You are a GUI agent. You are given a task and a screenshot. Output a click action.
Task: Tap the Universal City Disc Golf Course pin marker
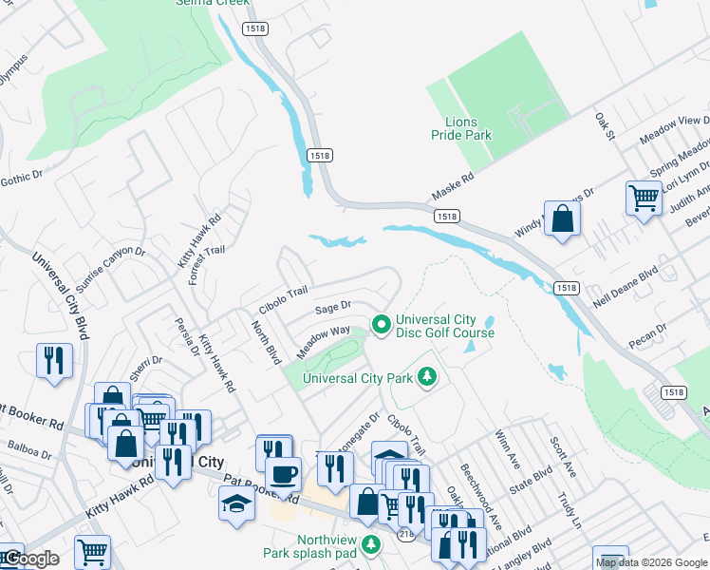pos(382,325)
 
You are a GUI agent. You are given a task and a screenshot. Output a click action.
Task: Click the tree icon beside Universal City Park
pos(428,378)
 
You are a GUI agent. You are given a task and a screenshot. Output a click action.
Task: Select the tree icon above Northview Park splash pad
pos(372,543)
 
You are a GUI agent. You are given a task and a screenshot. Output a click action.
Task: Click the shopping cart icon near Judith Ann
pos(644,199)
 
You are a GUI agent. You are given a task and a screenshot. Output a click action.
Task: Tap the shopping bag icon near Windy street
pos(563,218)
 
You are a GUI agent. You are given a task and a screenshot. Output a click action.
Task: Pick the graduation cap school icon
pos(236,503)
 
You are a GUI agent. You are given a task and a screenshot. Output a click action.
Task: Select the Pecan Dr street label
pos(647,333)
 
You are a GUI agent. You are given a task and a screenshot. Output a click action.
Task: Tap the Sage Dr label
pos(333,307)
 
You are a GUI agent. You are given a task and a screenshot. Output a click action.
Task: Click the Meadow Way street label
pos(324,336)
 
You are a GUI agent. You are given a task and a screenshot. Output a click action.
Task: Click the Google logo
pos(31,559)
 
